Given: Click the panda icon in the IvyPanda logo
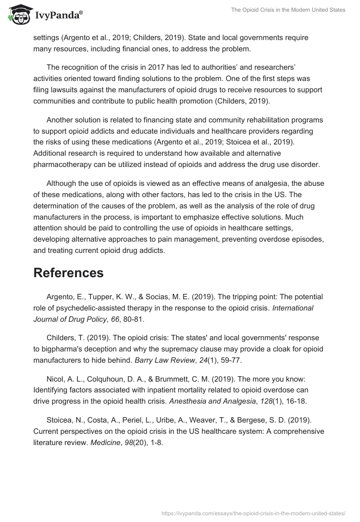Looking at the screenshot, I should pyautogui.click(x=18, y=15).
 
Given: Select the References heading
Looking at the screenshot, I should pyautogui.click(x=68, y=273).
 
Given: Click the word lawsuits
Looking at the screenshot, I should pyautogui.click(x=64, y=89).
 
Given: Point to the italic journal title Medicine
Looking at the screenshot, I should pyautogui.click(x=103, y=442).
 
